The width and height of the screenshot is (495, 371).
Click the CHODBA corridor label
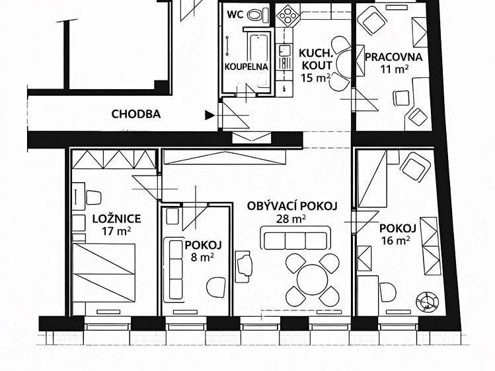[136, 114]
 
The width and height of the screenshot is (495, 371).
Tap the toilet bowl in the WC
[256, 15]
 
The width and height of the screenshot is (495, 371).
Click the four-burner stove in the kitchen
[287, 17]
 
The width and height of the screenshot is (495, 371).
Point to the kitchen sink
[285, 51]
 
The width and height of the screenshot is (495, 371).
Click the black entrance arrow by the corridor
[209, 116]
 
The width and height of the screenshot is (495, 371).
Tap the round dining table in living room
[312, 280]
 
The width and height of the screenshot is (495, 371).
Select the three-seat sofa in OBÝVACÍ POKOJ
[295, 238]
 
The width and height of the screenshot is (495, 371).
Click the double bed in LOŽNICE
[104, 273]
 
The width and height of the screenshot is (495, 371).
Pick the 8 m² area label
[203, 257]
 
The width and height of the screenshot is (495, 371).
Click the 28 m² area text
[291, 219]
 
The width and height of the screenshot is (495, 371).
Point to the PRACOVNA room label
[393, 57]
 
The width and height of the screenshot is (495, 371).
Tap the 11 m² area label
[395, 69]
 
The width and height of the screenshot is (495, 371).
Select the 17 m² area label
[116, 231]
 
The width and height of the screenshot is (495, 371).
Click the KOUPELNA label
[247, 67]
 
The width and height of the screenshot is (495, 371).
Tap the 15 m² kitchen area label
[316, 78]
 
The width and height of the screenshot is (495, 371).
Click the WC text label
[235, 15]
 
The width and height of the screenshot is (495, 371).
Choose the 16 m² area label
[396, 241]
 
